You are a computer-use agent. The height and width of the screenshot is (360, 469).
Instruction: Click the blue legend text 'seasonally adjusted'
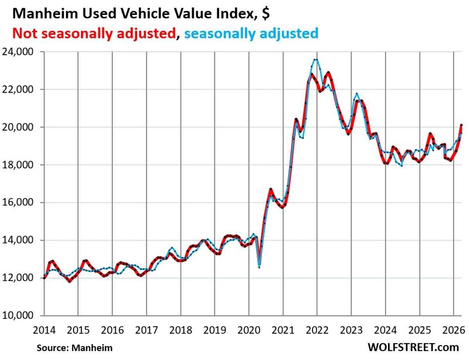click(x=251, y=33)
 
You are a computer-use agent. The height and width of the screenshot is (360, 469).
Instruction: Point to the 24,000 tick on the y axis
click(x=22, y=52)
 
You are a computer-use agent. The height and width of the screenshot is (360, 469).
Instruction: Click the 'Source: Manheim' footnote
click(x=75, y=347)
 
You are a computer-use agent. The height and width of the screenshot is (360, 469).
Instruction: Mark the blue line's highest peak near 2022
click(x=316, y=59)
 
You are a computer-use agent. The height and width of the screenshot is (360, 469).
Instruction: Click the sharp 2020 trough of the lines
click(x=259, y=267)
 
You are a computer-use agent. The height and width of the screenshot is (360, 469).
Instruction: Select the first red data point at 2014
click(x=44, y=278)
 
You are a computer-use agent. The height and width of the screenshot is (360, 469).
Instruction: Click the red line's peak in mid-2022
click(x=328, y=73)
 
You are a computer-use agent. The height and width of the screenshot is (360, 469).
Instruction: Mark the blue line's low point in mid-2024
click(x=401, y=166)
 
